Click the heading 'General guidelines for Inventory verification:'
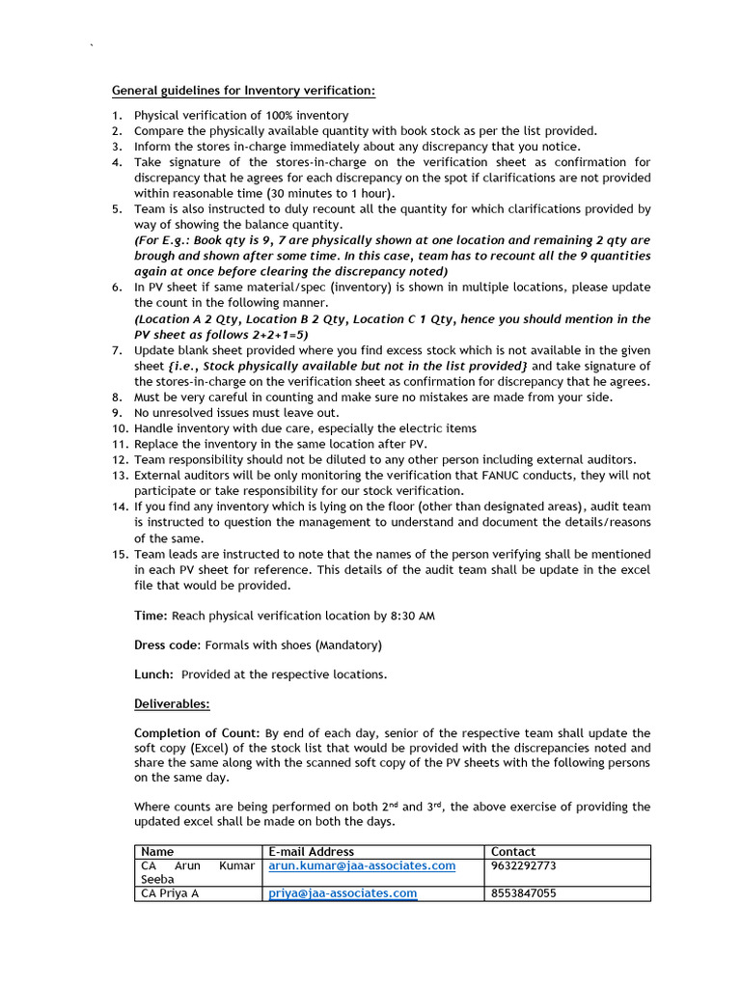point(244,91)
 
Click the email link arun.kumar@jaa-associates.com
point(362,865)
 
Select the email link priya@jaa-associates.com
point(343,893)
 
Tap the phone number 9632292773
point(524,865)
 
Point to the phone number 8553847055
point(524,893)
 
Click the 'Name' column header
point(157,852)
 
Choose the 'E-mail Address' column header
point(311,852)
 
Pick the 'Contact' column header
point(513,852)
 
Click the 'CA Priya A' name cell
point(170,893)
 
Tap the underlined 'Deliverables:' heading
point(172,704)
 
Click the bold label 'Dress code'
point(166,645)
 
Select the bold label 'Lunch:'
point(154,674)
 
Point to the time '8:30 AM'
point(413,616)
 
